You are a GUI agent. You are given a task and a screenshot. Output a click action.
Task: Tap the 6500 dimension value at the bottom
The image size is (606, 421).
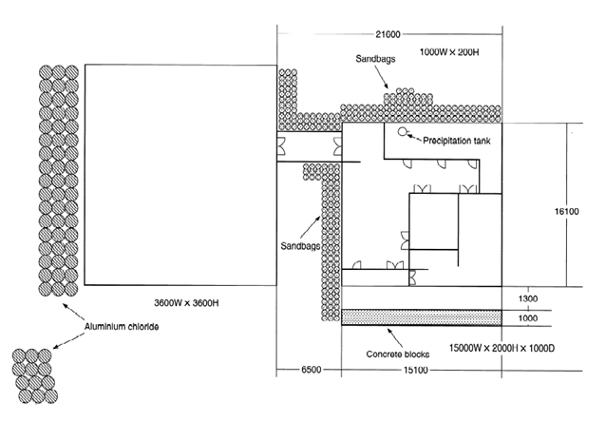click(296, 369)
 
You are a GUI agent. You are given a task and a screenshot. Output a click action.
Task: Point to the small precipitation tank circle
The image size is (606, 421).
click(402, 132)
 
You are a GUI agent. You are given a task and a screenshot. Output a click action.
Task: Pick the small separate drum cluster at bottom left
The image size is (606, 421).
click(33, 373)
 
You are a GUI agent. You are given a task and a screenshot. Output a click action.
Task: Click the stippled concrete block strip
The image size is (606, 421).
click(422, 315)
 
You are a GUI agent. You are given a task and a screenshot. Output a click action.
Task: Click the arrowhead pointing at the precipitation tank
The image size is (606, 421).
click(410, 135)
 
